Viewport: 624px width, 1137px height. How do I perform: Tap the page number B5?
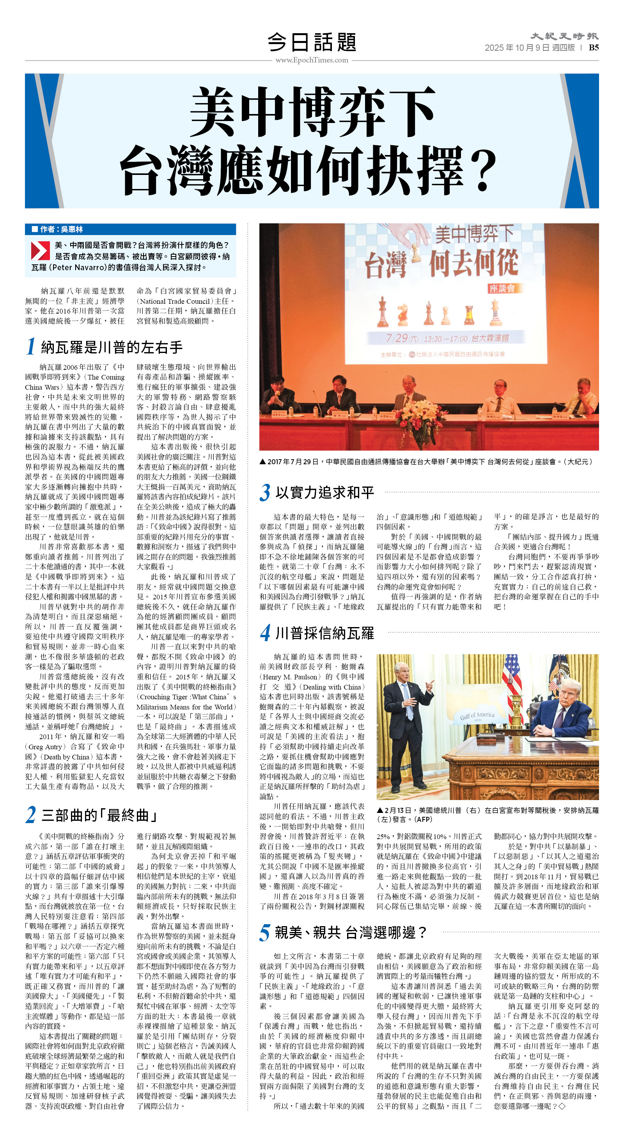(593, 48)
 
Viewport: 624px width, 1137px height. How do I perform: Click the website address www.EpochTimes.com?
(312, 60)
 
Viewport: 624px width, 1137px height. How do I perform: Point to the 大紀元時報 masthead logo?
(564, 36)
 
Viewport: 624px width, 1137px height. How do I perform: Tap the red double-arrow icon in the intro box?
(40, 250)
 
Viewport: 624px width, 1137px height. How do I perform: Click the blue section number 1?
(30, 346)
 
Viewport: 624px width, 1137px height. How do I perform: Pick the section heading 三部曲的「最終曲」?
(99, 815)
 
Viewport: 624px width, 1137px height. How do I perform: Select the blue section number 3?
(264, 492)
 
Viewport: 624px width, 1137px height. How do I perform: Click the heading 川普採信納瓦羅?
(324, 633)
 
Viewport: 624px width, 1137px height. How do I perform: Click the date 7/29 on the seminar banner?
(396, 338)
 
